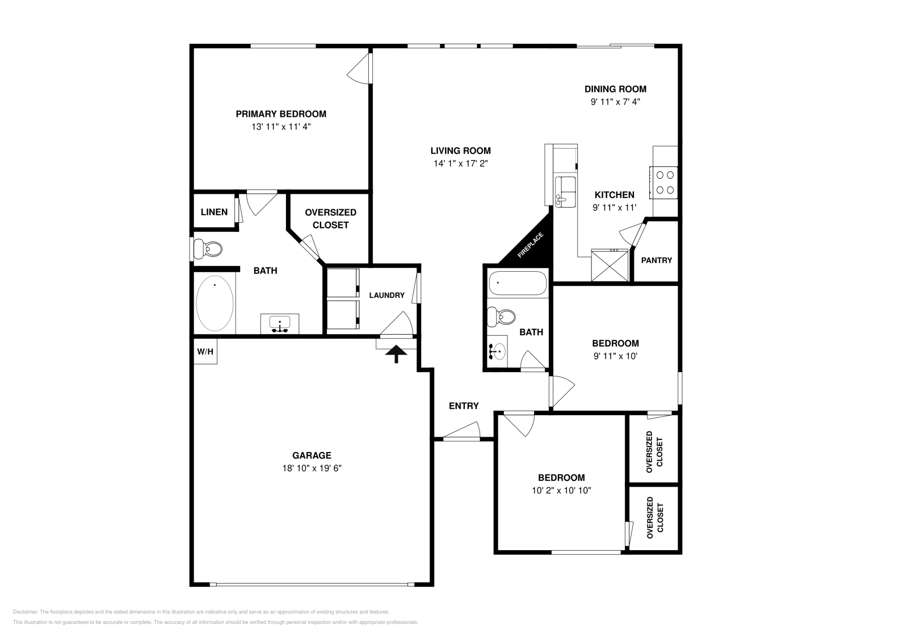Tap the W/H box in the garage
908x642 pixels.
pyautogui.click(x=205, y=352)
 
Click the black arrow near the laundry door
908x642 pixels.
pyautogui.click(x=396, y=354)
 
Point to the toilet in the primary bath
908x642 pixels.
pyautogui.click(x=207, y=248)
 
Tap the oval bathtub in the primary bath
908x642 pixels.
pyautogui.click(x=215, y=304)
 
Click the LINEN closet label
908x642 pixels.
pyautogui.click(x=214, y=212)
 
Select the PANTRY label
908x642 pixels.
pyautogui.click(x=656, y=260)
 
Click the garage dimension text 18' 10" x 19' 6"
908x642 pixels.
pyautogui.click(x=312, y=468)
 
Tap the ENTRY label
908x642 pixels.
pyautogui.click(x=464, y=406)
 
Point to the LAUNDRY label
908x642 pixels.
pyautogui.click(x=386, y=295)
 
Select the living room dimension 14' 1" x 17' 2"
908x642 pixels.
pyautogui.click(x=460, y=163)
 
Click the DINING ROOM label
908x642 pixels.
pyautogui.click(x=615, y=89)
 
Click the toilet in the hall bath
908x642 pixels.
pyautogui.click(x=502, y=316)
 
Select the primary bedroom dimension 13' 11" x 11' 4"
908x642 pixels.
pyautogui.click(x=281, y=127)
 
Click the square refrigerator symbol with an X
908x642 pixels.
pyautogui.click(x=609, y=264)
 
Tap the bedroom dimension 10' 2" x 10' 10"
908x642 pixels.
pyautogui.click(x=561, y=491)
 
